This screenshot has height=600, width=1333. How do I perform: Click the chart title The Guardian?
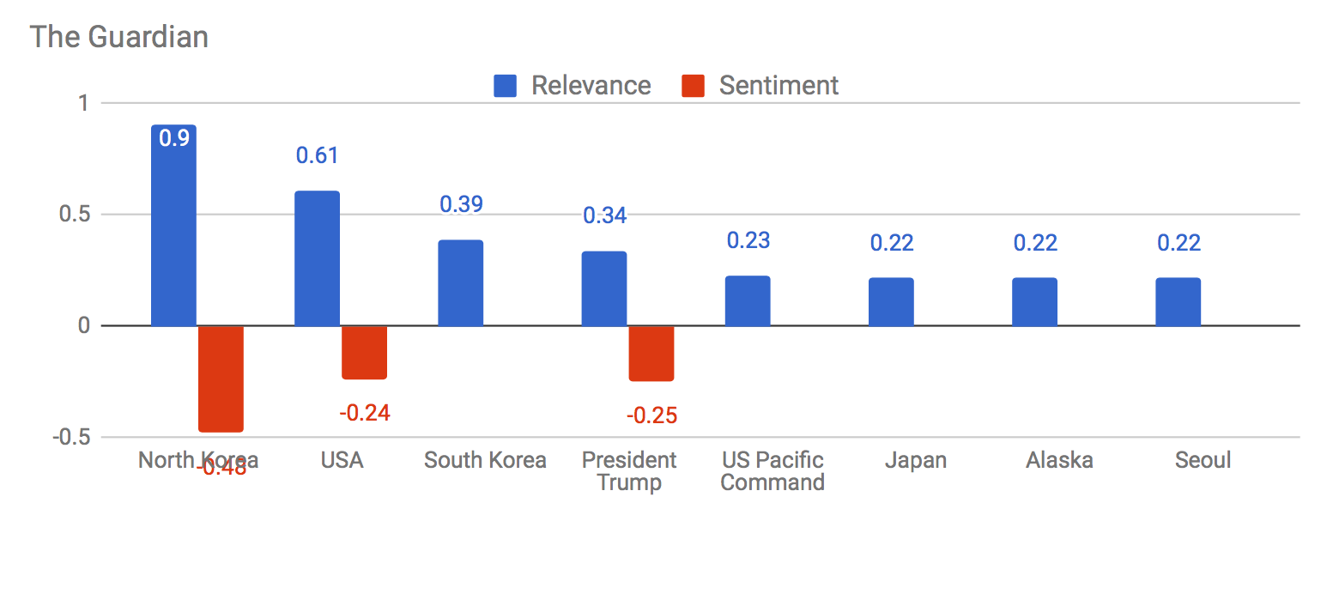(x=119, y=37)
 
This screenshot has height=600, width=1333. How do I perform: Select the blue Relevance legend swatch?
(x=505, y=86)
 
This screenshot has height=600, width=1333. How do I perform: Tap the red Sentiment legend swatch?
(x=693, y=86)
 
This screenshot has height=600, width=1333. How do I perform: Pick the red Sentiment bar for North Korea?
(x=221, y=378)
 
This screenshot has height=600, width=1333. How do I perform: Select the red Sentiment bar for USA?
(x=364, y=352)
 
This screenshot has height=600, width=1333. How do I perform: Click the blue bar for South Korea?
(x=460, y=283)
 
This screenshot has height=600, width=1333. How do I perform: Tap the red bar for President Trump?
(x=651, y=353)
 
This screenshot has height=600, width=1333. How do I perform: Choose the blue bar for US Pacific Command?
(x=747, y=300)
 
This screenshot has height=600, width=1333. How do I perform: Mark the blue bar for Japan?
(x=890, y=302)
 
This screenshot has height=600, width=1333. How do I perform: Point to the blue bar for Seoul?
(x=1178, y=302)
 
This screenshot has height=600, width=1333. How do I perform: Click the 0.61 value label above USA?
(x=317, y=155)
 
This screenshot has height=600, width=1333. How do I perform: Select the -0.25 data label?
(x=651, y=416)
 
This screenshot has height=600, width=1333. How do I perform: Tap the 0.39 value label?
(x=461, y=204)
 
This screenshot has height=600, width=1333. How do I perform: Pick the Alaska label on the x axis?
(x=1059, y=460)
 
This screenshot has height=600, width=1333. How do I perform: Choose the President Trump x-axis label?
(x=629, y=471)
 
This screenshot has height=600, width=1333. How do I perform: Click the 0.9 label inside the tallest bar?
(x=174, y=138)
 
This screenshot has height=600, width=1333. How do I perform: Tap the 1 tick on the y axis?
(x=83, y=103)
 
